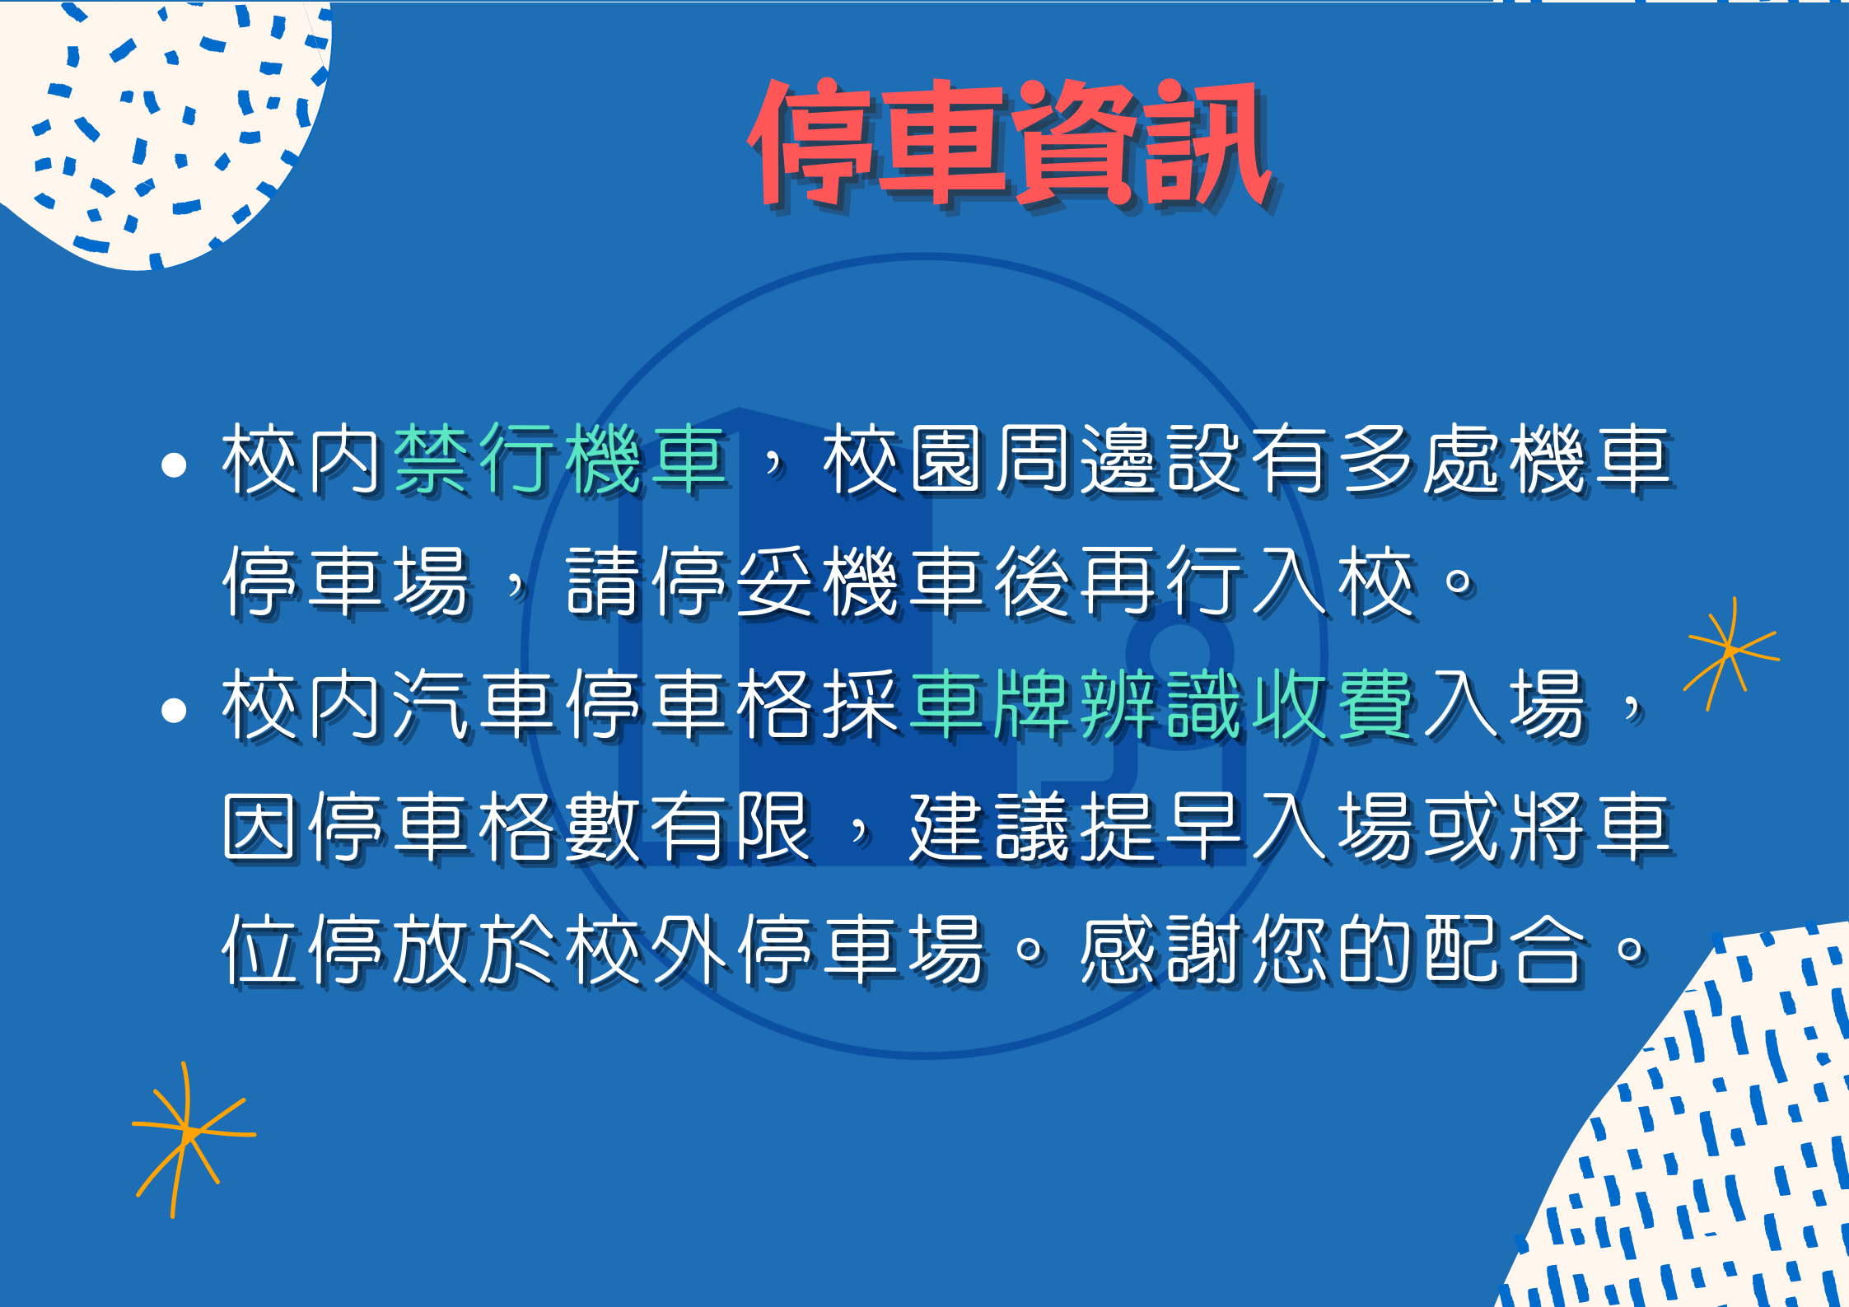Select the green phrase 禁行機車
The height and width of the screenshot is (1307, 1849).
pos(560,460)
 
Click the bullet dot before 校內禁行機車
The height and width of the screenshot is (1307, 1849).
pos(174,465)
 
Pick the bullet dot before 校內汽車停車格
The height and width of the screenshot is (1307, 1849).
pos(174,711)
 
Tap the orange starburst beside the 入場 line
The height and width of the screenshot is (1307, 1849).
pos(1731,652)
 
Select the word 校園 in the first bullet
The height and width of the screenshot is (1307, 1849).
pos(904,460)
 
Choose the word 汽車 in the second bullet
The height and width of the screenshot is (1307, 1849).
pos(474,705)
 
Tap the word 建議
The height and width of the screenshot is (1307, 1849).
pos(990,827)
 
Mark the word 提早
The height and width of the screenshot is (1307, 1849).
pos(1161,827)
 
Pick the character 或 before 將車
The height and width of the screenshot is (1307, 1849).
pos(1463,827)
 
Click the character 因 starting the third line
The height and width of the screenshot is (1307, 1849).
pos(260,827)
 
